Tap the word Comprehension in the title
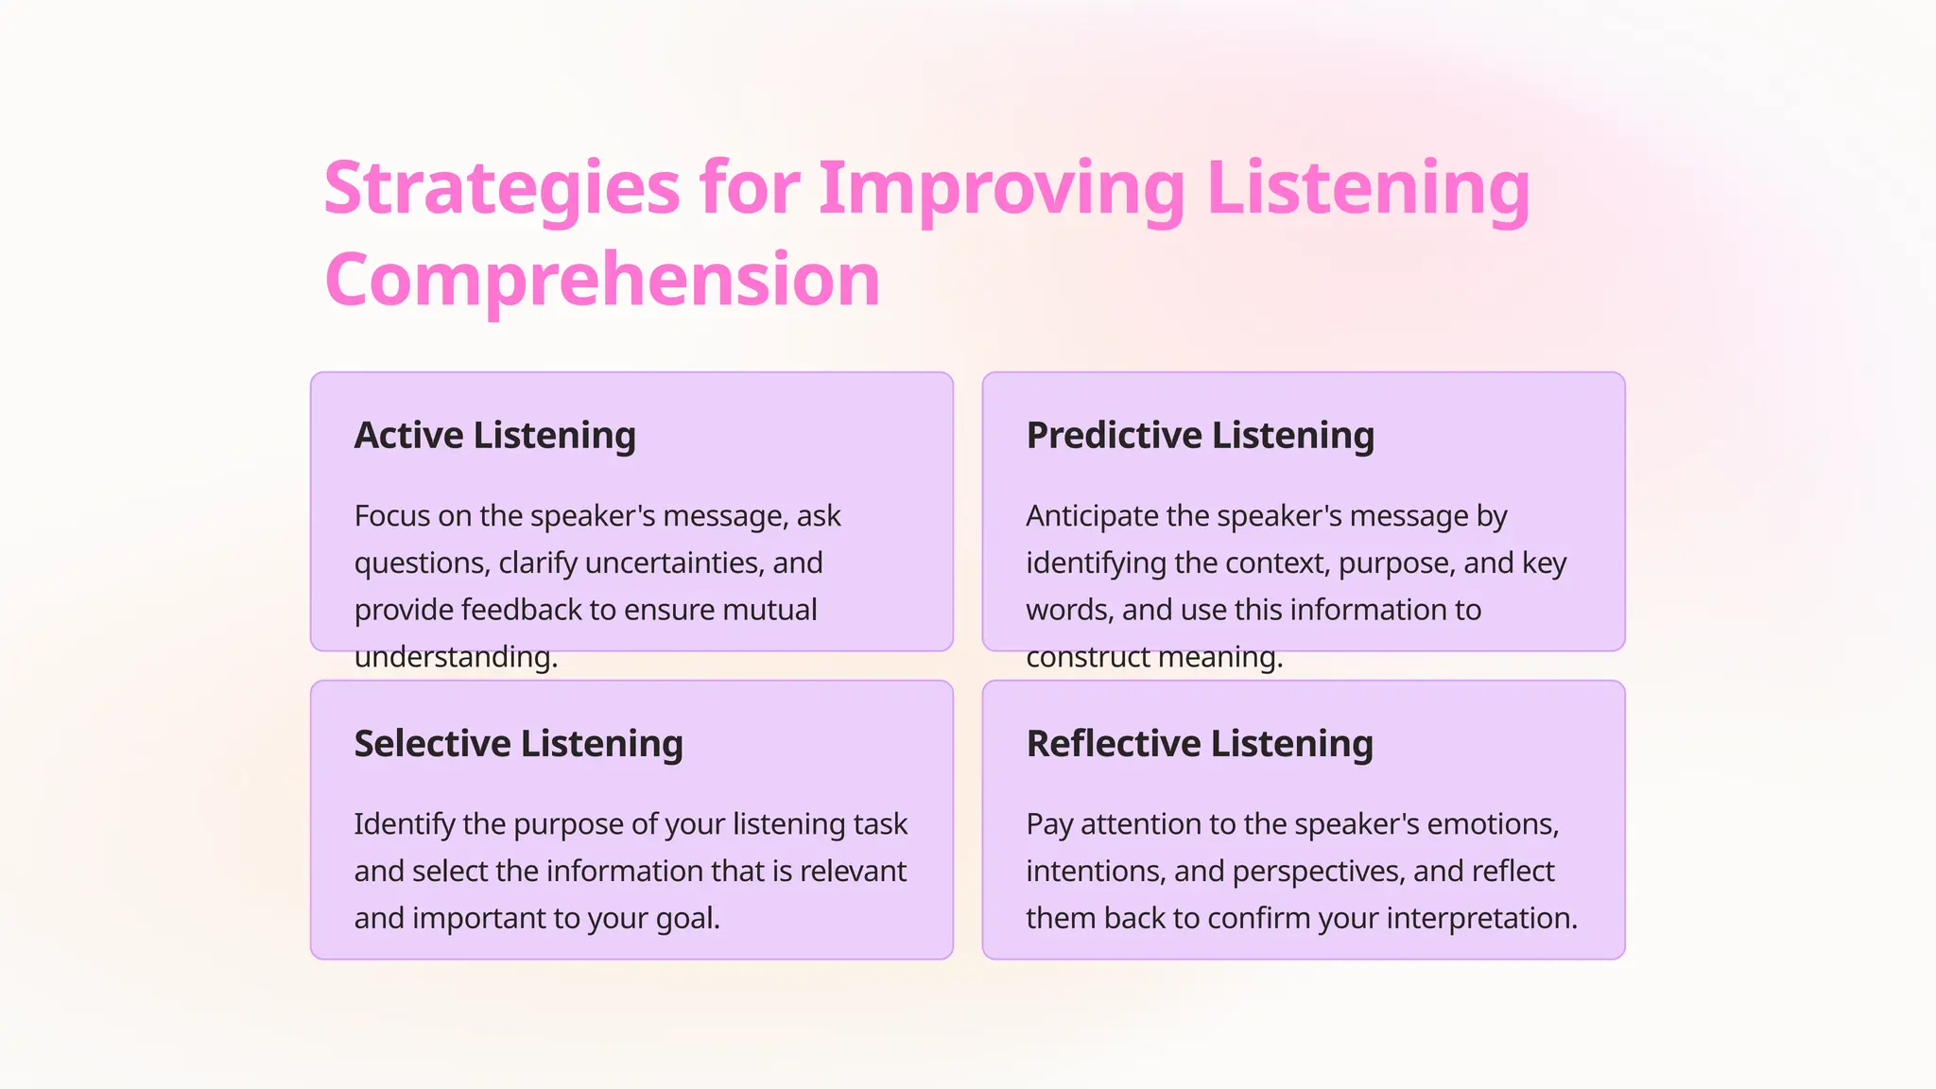click(x=602, y=281)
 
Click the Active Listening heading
click(x=494, y=436)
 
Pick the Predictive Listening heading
click(x=1200, y=436)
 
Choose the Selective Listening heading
click(x=518, y=744)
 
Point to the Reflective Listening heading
click(x=1199, y=744)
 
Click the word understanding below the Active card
click(x=455, y=657)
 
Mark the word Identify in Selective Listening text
click(x=404, y=824)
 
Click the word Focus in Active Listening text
click(x=390, y=516)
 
